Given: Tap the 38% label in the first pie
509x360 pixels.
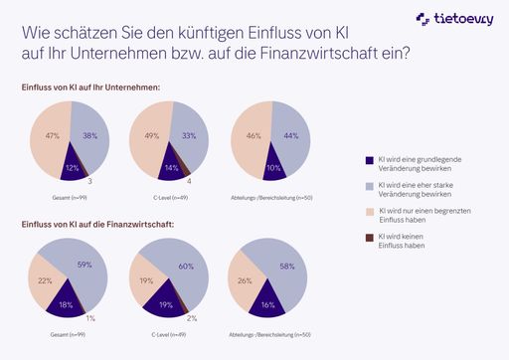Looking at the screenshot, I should (89, 134).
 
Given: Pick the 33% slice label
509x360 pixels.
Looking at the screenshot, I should (187, 134).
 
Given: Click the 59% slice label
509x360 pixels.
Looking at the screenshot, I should (85, 265).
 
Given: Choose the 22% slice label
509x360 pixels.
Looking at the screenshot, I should (46, 280).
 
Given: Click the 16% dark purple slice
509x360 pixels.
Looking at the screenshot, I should (266, 302).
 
